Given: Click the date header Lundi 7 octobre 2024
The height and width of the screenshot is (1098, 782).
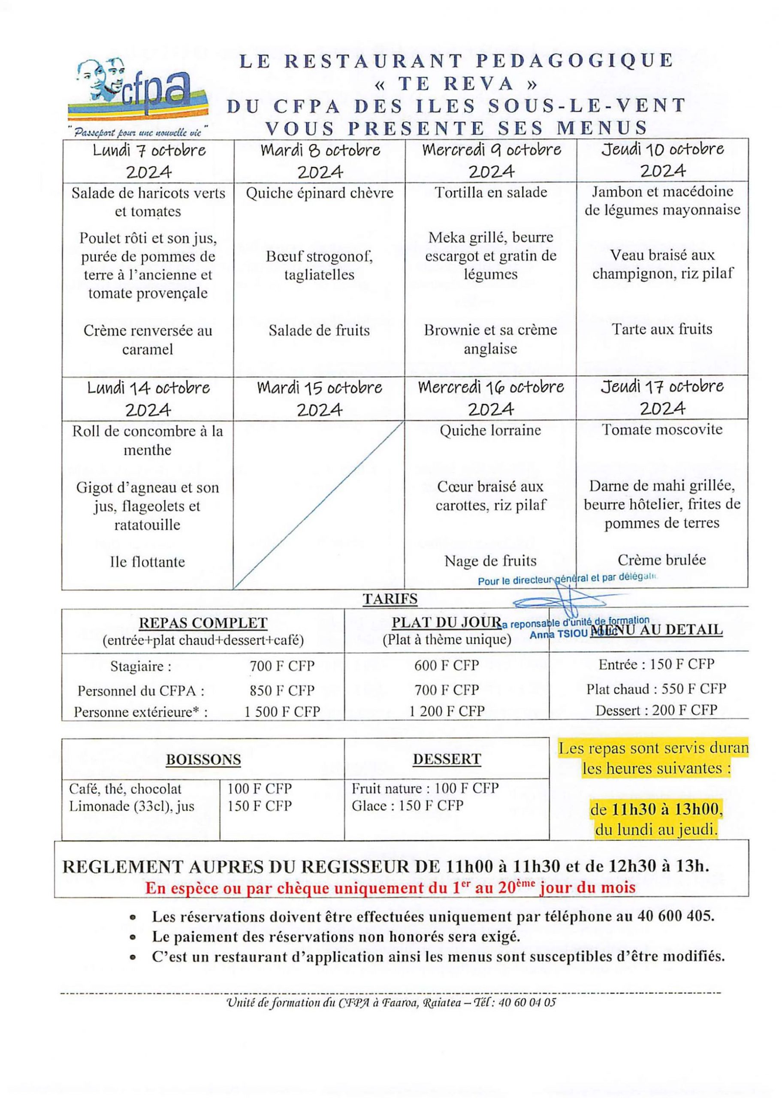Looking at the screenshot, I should click(x=148, y=161).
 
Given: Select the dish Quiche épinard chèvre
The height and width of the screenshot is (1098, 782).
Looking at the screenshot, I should click(x=320, y=193).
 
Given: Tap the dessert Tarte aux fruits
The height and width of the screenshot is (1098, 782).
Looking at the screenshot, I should click(x=661, y=329).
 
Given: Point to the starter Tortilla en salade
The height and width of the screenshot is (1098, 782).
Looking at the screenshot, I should click(x=491, y=193).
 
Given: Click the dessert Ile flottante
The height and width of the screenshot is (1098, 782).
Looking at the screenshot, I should click(x=147, y=562).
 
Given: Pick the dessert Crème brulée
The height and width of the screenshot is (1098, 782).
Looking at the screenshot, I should click(x=661, y=560).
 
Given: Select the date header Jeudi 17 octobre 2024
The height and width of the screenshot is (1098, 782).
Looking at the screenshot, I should click(x=661, y=398).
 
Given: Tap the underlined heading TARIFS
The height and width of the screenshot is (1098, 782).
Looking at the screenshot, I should click(x=390, y=599).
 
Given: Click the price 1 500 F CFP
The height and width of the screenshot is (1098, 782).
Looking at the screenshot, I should click(x=282, y=712).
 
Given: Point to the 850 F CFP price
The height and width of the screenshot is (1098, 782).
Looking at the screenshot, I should click(x=282, y=690).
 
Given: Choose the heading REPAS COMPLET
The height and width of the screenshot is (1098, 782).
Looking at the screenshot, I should click(x=203, y=623).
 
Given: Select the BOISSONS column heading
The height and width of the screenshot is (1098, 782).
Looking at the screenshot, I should click(x=203, y=760).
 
